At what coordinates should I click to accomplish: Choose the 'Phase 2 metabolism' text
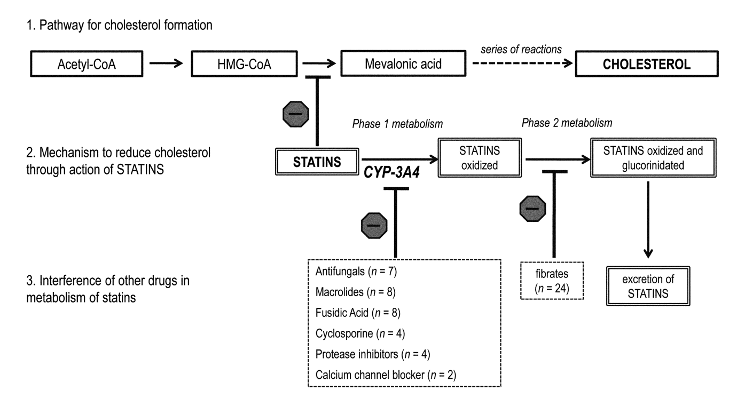pos(566,123)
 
